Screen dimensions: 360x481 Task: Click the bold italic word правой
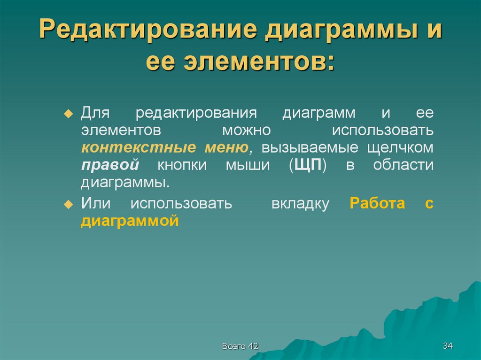coord(110,165)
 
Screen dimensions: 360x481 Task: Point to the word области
coord(403,165)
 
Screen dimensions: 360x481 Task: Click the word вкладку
coord(300,204)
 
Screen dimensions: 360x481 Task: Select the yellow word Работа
coord(378,204)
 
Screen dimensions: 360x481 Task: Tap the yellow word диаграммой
coord(130,221)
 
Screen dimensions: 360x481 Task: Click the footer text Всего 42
coord(240,346)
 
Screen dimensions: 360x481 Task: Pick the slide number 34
coord(447,346)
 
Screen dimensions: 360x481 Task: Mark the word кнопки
coord(185,165)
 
